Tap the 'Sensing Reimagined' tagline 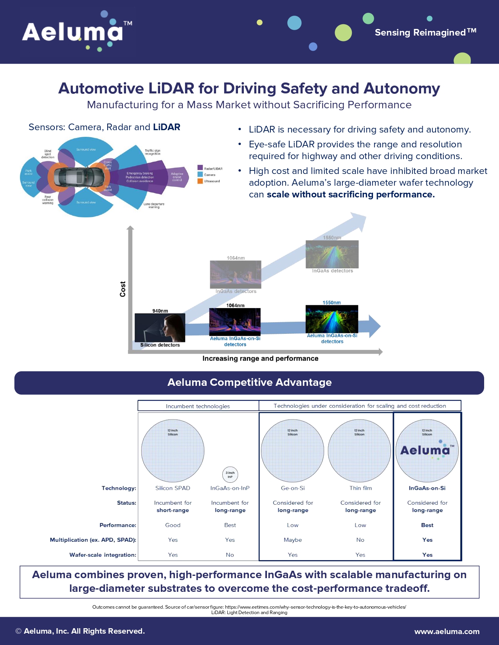click(x=425, y=32)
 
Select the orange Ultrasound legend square click(x=200, y=181)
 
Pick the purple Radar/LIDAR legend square click(x=200, y=168)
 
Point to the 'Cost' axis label click(x=122, y=289)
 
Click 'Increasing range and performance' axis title click(x=260, y=358)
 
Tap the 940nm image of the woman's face click(x=160, y=328)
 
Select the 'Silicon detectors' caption click(x=160, y=345)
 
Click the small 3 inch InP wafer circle click(x=230, y=475)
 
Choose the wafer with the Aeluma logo click(x=427, y=451)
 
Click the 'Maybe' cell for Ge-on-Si click(x=293, y=540)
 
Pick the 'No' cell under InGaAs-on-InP click(x=230, y=555)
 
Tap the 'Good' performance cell click(x=173, y=525)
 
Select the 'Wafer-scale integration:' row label click(x=103, y=555)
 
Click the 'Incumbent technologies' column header click(x=198, y=406)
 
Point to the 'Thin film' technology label click(x=360, y=488)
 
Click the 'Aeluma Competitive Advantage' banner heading click(x=249, y=382)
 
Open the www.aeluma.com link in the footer click(x=447, y=631)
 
